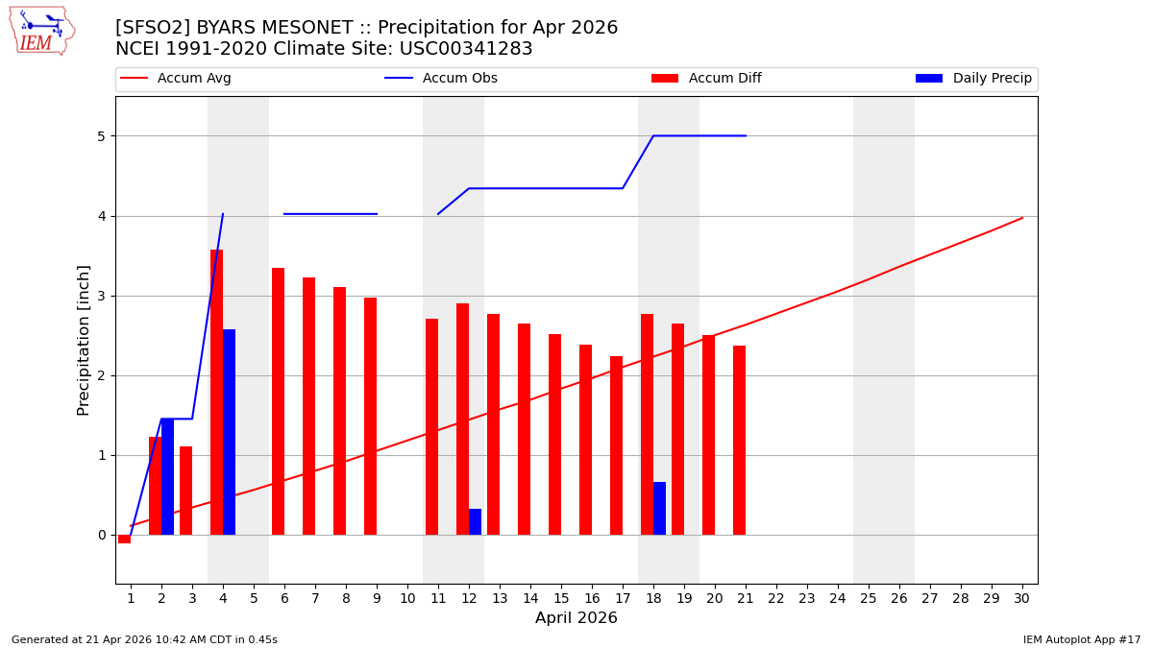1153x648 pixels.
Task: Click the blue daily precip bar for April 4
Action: [x=229, y=432]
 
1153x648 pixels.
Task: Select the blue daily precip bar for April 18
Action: [x=659, y=509]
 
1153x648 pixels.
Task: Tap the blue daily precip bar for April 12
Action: [x=475, y=522]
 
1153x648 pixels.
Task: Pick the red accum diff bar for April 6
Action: [x=278, y=401]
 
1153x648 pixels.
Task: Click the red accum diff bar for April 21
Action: [x=739, y=440]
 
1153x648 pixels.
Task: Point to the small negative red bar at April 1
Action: [x=124, y=540]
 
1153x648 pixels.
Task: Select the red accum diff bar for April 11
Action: [x=431, y=427]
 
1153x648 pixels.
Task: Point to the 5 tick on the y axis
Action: [x=100, y=136]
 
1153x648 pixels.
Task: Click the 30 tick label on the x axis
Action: [x=1021, y=598]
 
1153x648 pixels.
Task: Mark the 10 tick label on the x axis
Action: [x=406, y=598]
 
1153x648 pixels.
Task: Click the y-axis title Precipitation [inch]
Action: [x=84, y=340]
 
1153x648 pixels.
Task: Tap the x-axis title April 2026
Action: [x=576, y=618]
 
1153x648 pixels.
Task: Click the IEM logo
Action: [x=41, y=31]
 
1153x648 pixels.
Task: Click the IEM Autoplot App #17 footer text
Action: [x=1081, y=639]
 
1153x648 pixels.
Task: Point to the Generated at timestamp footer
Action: [x=144, y=639]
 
